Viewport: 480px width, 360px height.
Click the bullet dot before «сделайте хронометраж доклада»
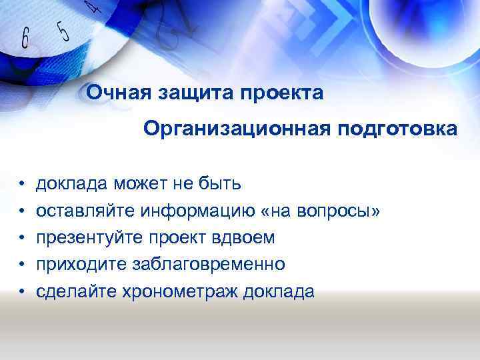[x=22, y=292]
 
